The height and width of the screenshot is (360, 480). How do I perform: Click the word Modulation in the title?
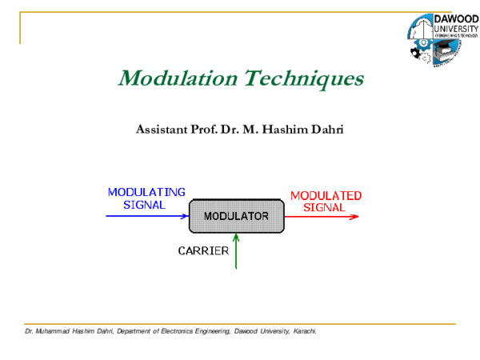(x=166, y=79)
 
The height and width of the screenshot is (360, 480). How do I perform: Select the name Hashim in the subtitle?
(x=287, y=129)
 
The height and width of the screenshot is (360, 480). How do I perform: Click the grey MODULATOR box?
(x=236, y=216)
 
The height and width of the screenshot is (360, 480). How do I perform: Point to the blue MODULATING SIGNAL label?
(x=146, y=198)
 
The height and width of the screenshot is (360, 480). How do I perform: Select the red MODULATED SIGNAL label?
(x=325, y=201)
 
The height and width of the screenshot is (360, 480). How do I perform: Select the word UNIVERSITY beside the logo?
(x=454, y=29)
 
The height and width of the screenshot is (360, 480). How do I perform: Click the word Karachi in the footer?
(x=306, y=330)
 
